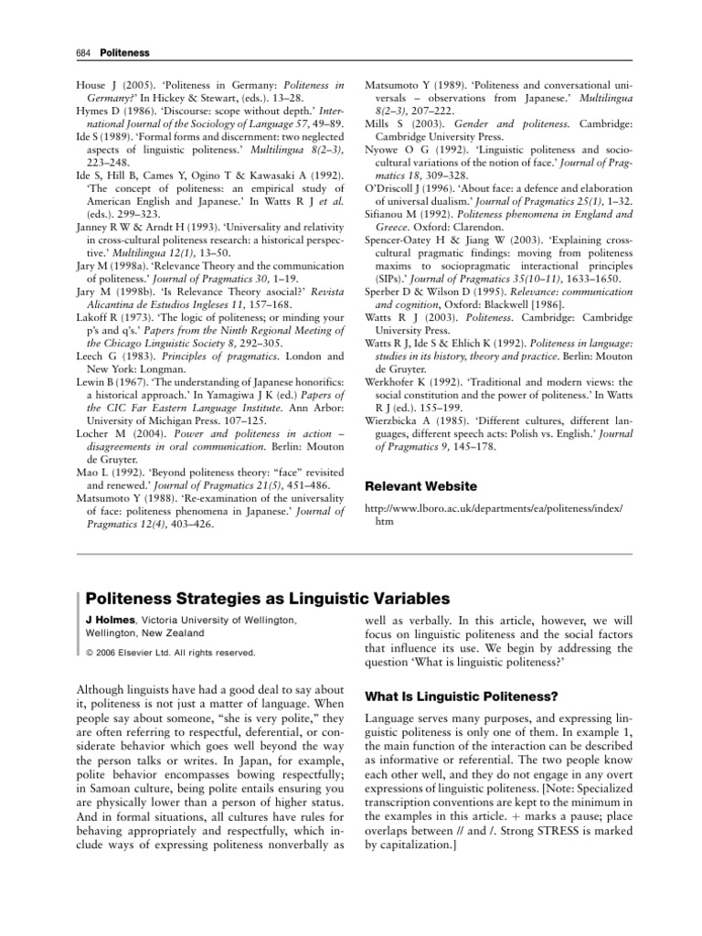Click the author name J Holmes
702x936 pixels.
(x=103, y=620)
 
